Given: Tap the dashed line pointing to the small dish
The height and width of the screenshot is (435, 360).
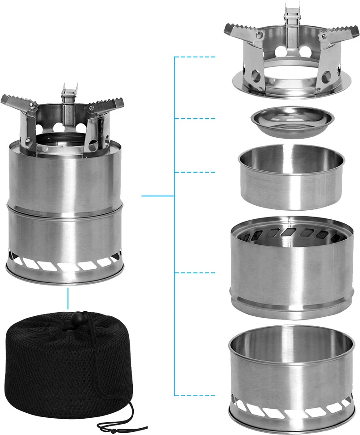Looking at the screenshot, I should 195,118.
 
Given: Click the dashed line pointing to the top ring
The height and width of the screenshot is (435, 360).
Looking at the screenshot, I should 195,57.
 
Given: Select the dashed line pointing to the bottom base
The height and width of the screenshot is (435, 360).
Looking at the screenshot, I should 195,394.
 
